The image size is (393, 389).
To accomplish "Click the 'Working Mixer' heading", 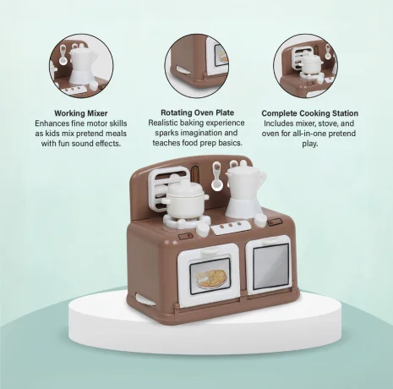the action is [x=81, y=113].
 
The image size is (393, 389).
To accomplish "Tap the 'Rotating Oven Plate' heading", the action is [x=197, y=112].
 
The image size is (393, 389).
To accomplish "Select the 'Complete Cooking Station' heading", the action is [x=310, y=113].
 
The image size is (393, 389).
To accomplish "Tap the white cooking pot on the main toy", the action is [x=185, y=200].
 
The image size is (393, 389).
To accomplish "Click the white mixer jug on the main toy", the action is [x=244, y=192].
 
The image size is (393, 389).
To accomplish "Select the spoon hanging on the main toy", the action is [x=217, y=177].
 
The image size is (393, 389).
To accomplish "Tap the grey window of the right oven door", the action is [x=270, y=267].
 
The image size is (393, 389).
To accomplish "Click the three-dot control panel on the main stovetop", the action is [x=231, y=227].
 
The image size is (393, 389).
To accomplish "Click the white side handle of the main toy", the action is [x=145, y=299].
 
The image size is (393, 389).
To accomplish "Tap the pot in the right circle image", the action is [x=310, y=64].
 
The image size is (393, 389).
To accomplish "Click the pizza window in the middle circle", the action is [x=221, y=55].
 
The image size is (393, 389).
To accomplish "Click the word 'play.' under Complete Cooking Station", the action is [x=310, y=144].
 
